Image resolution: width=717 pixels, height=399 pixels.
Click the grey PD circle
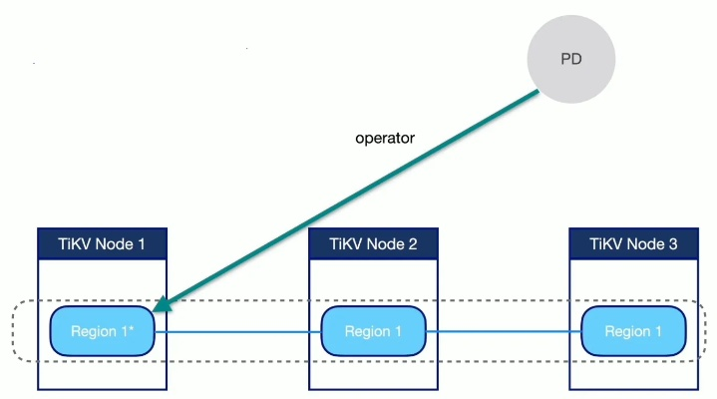[x=569, y=60]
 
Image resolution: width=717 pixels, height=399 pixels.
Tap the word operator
[x=384, y=138]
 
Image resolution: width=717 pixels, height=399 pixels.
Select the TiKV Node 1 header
[x=101, y=243]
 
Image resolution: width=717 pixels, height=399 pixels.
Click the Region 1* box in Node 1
[x=103, y=331]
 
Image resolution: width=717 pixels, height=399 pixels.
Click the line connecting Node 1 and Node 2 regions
[x=239, y=332]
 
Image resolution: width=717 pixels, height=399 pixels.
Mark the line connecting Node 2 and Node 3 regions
[x=504, y=332]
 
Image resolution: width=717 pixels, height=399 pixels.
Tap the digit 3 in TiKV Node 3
[x=672, y=243]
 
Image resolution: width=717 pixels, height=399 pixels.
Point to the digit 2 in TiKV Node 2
[x=412, y=243]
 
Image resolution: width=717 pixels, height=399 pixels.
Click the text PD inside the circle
[x=569, y=60]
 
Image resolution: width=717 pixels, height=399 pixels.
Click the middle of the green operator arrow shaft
[x=349, y=199]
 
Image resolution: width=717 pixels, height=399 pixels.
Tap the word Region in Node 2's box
[x=366, y=332]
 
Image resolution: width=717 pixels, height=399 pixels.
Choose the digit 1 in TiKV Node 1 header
[x=143, y=243]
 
